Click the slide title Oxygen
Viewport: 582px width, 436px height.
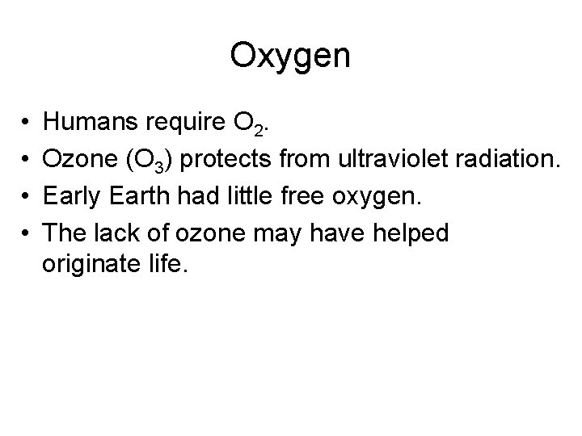point(290,56)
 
